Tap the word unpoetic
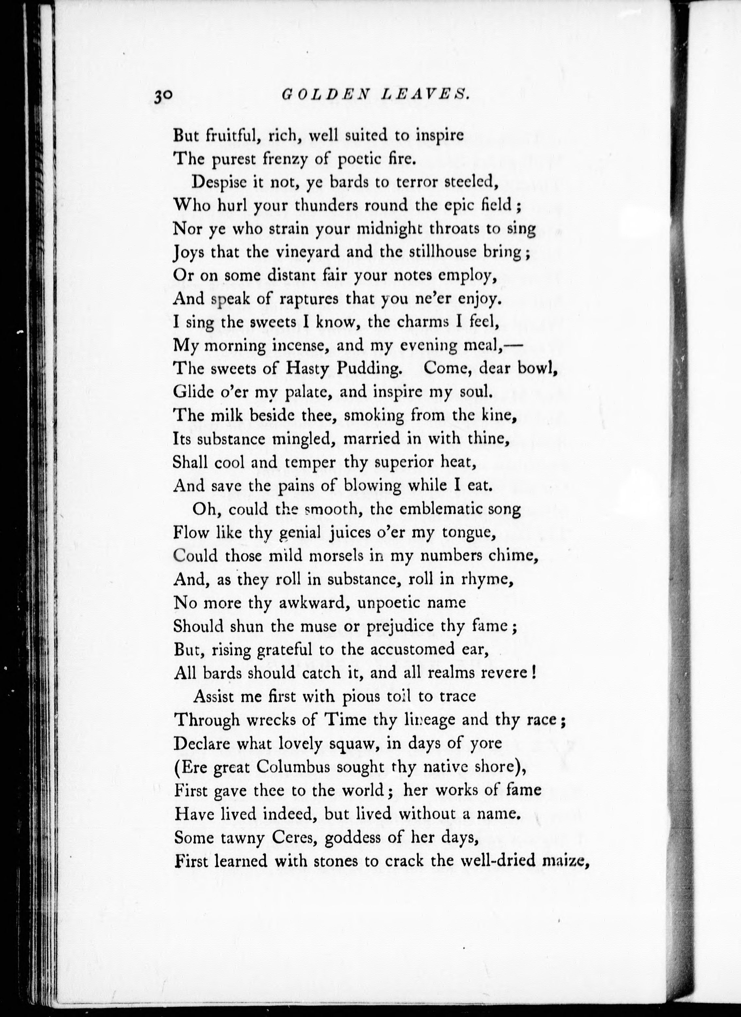[389, 603]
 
